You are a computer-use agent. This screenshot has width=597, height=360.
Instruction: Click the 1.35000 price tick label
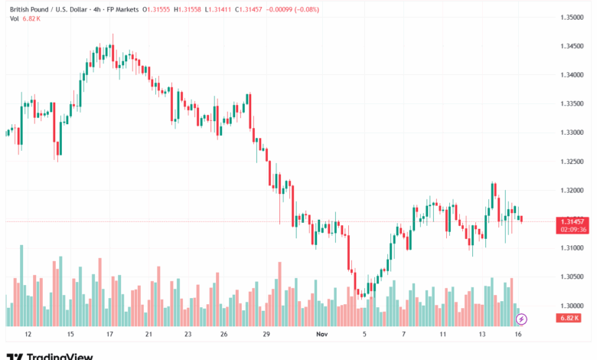tap(573, 17)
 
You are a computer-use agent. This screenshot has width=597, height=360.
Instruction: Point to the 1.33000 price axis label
tap(573, 133)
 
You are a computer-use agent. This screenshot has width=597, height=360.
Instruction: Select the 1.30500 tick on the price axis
tap(573, 277)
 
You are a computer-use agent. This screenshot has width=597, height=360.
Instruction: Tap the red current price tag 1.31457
tap(573, 221)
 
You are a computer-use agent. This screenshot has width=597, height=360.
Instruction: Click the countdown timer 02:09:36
tap(573, 229)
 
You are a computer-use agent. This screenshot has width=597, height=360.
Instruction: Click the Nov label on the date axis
tap(321, 335)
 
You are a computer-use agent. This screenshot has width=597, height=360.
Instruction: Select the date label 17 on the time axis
tap(109, 335)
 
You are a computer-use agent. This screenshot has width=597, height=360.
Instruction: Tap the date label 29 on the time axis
tap(266, 335)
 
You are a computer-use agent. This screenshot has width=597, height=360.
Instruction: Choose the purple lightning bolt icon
tap(521, 318)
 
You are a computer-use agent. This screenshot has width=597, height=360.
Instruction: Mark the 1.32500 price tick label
tap(573, 162)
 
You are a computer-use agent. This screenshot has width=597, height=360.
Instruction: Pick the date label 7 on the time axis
tap(403, 335)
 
